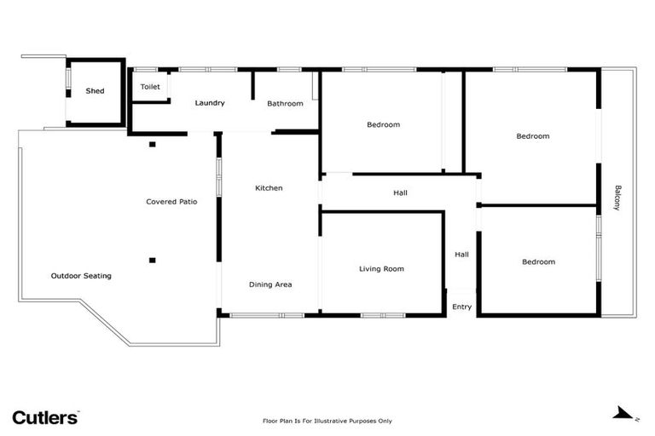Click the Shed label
pyautogui.click(x=95, y=91)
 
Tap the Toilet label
pyautogui.click(x=150, y=87)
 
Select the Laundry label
pyautogui.click(x=210, y=103)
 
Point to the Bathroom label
pyautogui.click(x=285, y=104)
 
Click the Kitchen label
pyautogui.click(x=269, y=188)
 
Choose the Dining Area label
pyautogui.click(x=270, y=284)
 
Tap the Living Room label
pyautogui.click(x=381, y=269)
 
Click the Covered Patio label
pyautogui.click(x=171, y=202)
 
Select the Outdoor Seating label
pyautogui.click(x=81, y=276)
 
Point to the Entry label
pyautogui.click(x=461, y=307)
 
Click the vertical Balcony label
pyautogui.click(x=618, y=198)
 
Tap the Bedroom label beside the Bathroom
pyautogui.click(x=383, y=125)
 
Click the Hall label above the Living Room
pyautogui.click(x=400, y=193)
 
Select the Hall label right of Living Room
pyautogui.click(x=461, y=254)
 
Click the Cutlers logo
pyautogui.click(x=45, y=417)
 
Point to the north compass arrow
pyautogui.click(x=625, y=413)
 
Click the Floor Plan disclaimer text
pyautogui.click(x=327, y=421)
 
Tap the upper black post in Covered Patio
pyautogui.click(x=153, y=144)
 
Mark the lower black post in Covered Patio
pyautogui.click(x=153, y=260)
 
